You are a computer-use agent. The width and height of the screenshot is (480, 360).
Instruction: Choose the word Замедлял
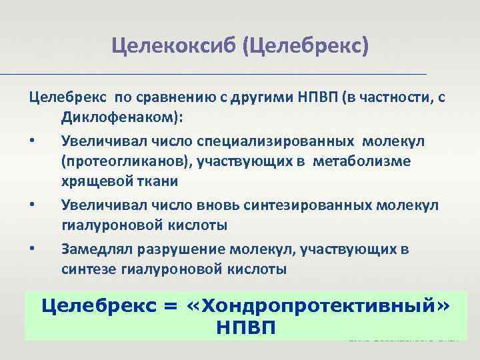point(94,249)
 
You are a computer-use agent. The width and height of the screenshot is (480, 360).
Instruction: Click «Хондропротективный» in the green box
point(317,306)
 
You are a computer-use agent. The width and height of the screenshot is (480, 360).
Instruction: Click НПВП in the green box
point(246,327)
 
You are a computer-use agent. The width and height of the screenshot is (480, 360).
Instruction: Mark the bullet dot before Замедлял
point(32,250)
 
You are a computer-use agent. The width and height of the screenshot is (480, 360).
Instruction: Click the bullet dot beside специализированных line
point(32,141)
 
